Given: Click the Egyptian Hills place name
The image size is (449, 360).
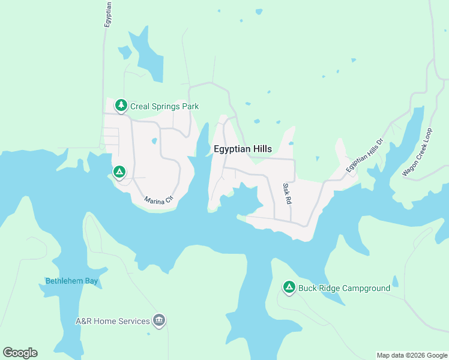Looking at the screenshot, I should click(243, 149).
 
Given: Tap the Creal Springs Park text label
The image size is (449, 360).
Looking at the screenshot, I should click(164, 106).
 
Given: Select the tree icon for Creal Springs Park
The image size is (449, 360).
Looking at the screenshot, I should click(121, 106).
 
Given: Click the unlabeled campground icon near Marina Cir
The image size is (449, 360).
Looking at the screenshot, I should click(119, 173).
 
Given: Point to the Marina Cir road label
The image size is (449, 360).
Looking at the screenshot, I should click(158, 199).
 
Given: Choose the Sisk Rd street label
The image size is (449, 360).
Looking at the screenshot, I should click(287, 194).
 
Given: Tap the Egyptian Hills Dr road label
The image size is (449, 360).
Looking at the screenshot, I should click(365, 157).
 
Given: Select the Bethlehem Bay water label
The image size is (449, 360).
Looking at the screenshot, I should click(71, 281).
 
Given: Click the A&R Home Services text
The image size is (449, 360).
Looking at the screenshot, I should click(112, 321).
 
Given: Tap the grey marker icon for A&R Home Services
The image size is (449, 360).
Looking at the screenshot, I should click(159, 321).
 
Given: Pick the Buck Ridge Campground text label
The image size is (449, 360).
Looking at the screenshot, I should click(344, 288).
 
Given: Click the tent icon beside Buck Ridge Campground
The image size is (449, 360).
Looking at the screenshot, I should click(289, 288).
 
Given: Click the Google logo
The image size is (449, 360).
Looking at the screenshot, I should click(20, 353).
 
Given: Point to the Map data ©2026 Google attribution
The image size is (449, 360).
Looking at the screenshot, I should click(412, 355).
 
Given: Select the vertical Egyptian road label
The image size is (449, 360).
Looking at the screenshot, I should click(108, 12).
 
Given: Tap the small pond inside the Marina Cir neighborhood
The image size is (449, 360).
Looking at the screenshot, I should click(154, 142).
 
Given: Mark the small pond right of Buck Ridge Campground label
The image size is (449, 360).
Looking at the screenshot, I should click(394, 281).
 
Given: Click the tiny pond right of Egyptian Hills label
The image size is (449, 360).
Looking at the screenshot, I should click(291, 143).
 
